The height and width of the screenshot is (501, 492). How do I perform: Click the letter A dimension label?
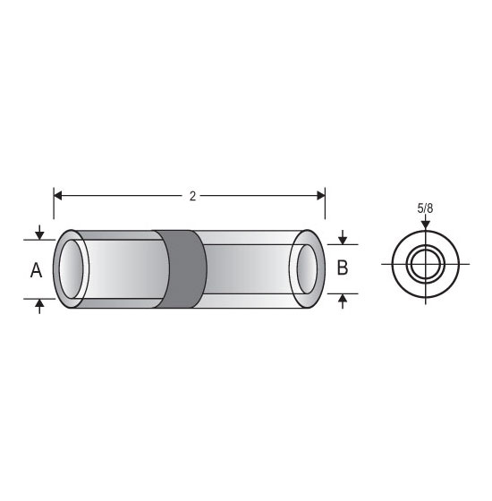pos(36,270)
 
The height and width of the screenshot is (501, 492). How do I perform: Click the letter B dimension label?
pos(343,267)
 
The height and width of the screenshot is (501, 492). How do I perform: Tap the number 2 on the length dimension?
pos(192,196)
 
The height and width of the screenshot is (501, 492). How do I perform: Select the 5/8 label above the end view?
pos(425,208)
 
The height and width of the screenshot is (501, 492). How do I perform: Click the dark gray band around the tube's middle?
pos(182,269)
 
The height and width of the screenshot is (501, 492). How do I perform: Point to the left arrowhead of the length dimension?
pos(58,196)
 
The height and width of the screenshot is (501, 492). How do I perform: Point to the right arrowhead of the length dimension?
pos(321,196)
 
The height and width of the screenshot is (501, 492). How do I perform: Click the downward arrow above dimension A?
pos(39,233)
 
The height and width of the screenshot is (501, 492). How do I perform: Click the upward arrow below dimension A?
pos(39,306)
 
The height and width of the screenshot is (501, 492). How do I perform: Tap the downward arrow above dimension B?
pos(343,237)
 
